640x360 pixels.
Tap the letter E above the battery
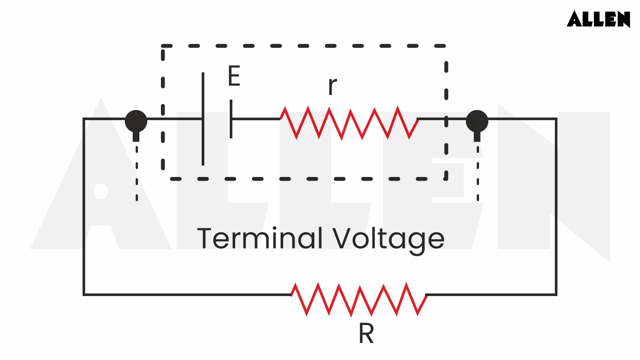click(x=234, y=76)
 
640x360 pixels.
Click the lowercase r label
click(x=332, y=86)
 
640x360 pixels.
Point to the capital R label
click(x=366, y=334)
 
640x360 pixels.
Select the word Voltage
click(x=389, y=239)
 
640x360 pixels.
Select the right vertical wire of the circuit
click(x=556, y=207)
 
